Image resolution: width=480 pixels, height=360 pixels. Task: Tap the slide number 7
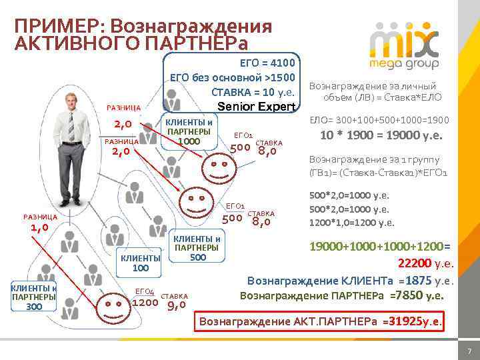[469, 351]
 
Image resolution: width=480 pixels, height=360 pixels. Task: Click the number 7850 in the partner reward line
[409, 295]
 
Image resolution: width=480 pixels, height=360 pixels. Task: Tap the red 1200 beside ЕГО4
[146, 302]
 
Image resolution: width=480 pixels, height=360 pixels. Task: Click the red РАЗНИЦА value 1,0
[39, 228]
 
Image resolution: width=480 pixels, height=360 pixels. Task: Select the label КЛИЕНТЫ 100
[140, 263]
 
